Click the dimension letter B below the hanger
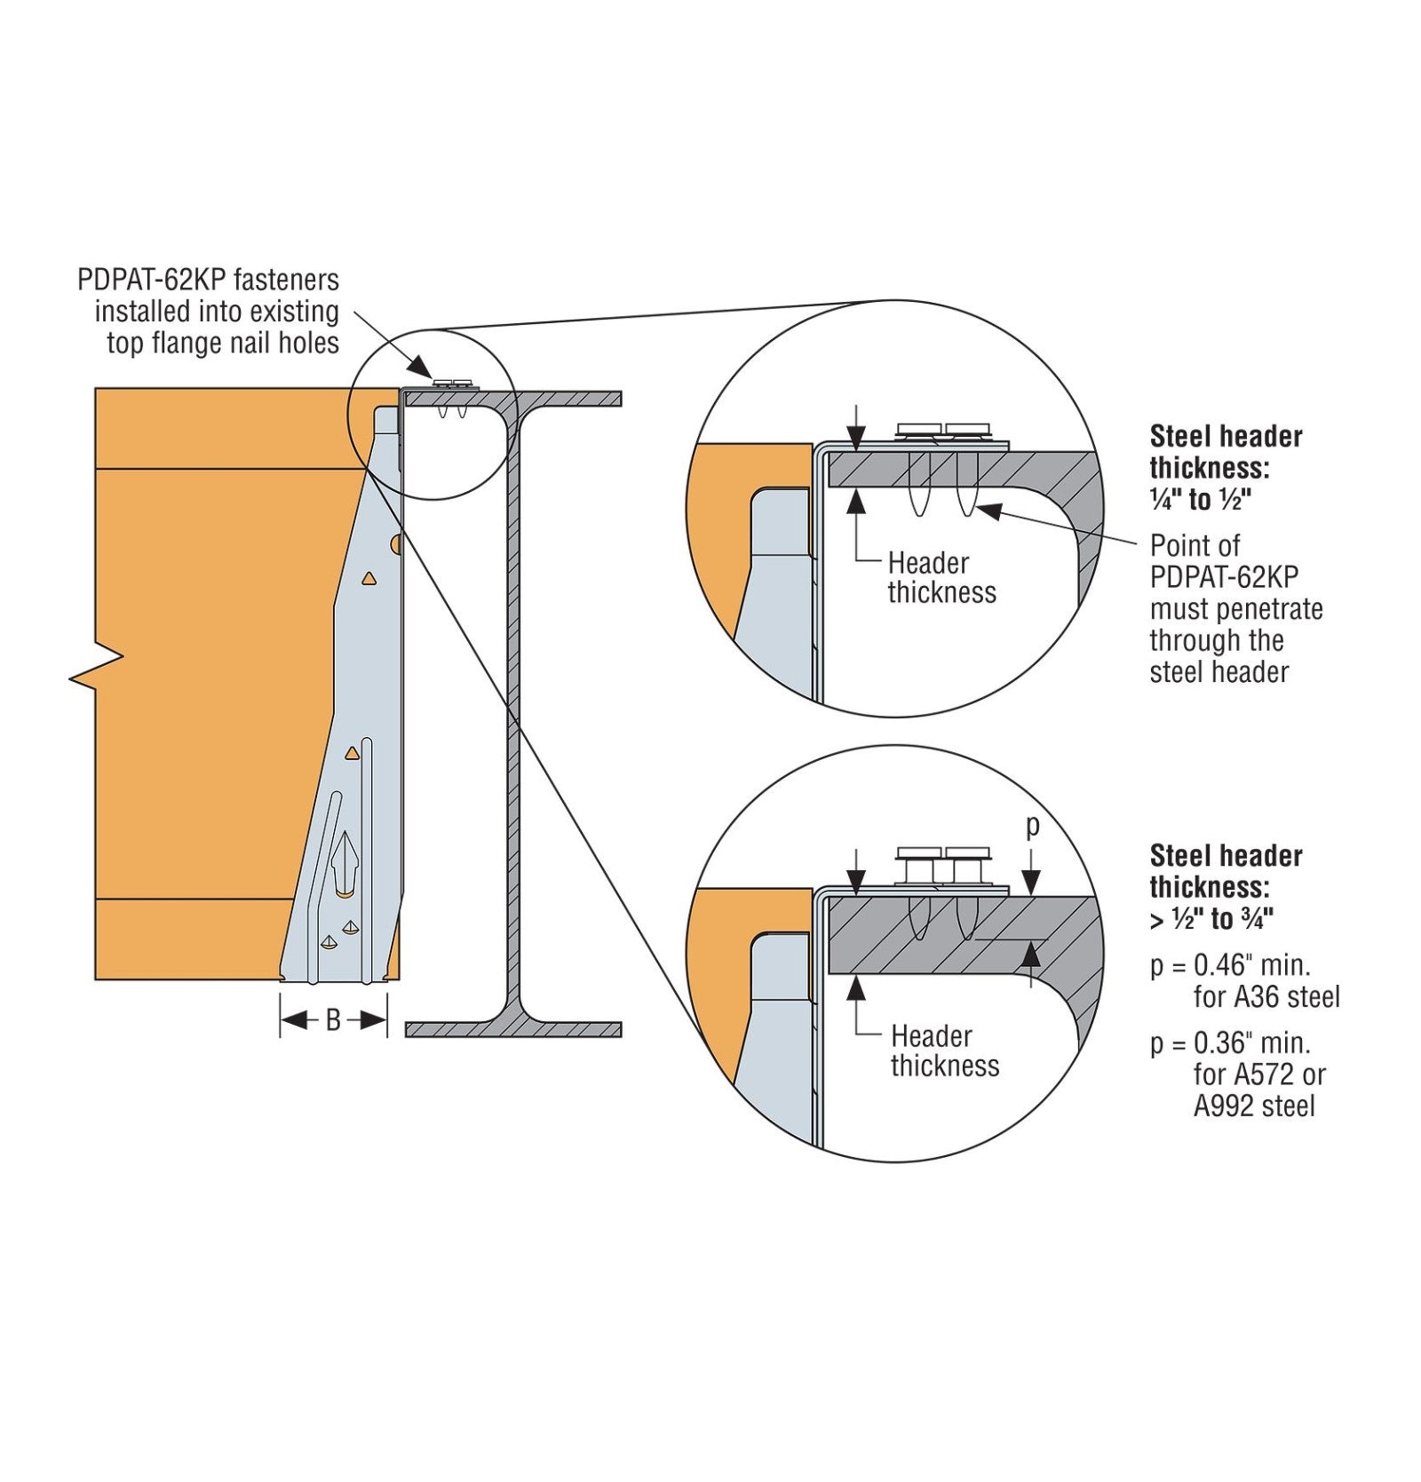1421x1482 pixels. pos(333,1021)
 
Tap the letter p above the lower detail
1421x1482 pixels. pos(1032,826)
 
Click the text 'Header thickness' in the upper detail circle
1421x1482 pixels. pos(941,578)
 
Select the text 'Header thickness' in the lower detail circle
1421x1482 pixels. pos(944,1050)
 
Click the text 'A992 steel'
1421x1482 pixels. pos(1253,1106)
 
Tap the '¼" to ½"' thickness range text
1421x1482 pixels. pos(1200,500)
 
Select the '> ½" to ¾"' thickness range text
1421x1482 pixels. pos(1211,919)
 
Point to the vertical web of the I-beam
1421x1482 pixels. pos(511,710)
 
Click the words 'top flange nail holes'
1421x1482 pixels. pos(223,343)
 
